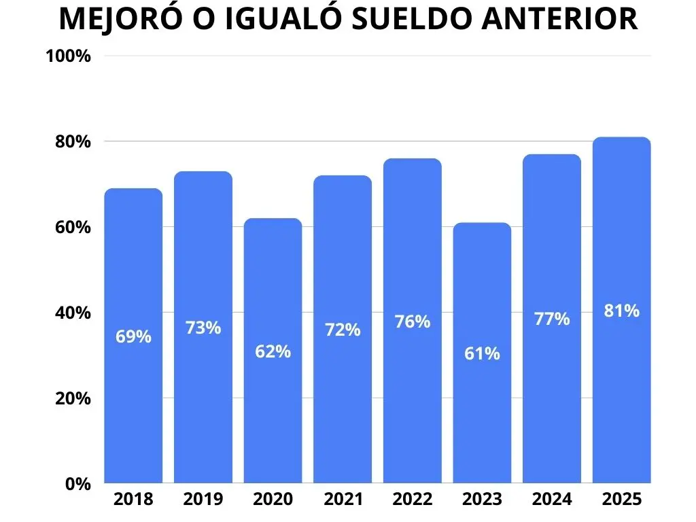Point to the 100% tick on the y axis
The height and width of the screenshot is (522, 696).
[68, 56]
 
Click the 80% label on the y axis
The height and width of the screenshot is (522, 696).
[71, 142]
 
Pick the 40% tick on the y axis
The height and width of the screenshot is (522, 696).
[71, 313]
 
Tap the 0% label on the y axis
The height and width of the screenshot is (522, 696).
[78, 484]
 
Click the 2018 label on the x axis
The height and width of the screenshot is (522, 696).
[133, 500]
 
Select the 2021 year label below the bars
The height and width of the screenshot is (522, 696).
[343, 500]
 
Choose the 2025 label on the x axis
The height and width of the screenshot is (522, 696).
[622, 500]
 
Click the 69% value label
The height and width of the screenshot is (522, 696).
[133, 336]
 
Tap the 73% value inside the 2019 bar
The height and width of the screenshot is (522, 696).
[203, 328]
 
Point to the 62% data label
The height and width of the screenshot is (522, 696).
[273, 351]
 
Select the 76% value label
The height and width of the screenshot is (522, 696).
[413, 321]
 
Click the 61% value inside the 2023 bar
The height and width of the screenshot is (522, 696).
[482, 353]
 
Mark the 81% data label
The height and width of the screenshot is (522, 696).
[622, 311]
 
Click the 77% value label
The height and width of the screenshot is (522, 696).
[552, 319]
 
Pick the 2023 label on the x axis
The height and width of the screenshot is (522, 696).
[482, 500]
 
